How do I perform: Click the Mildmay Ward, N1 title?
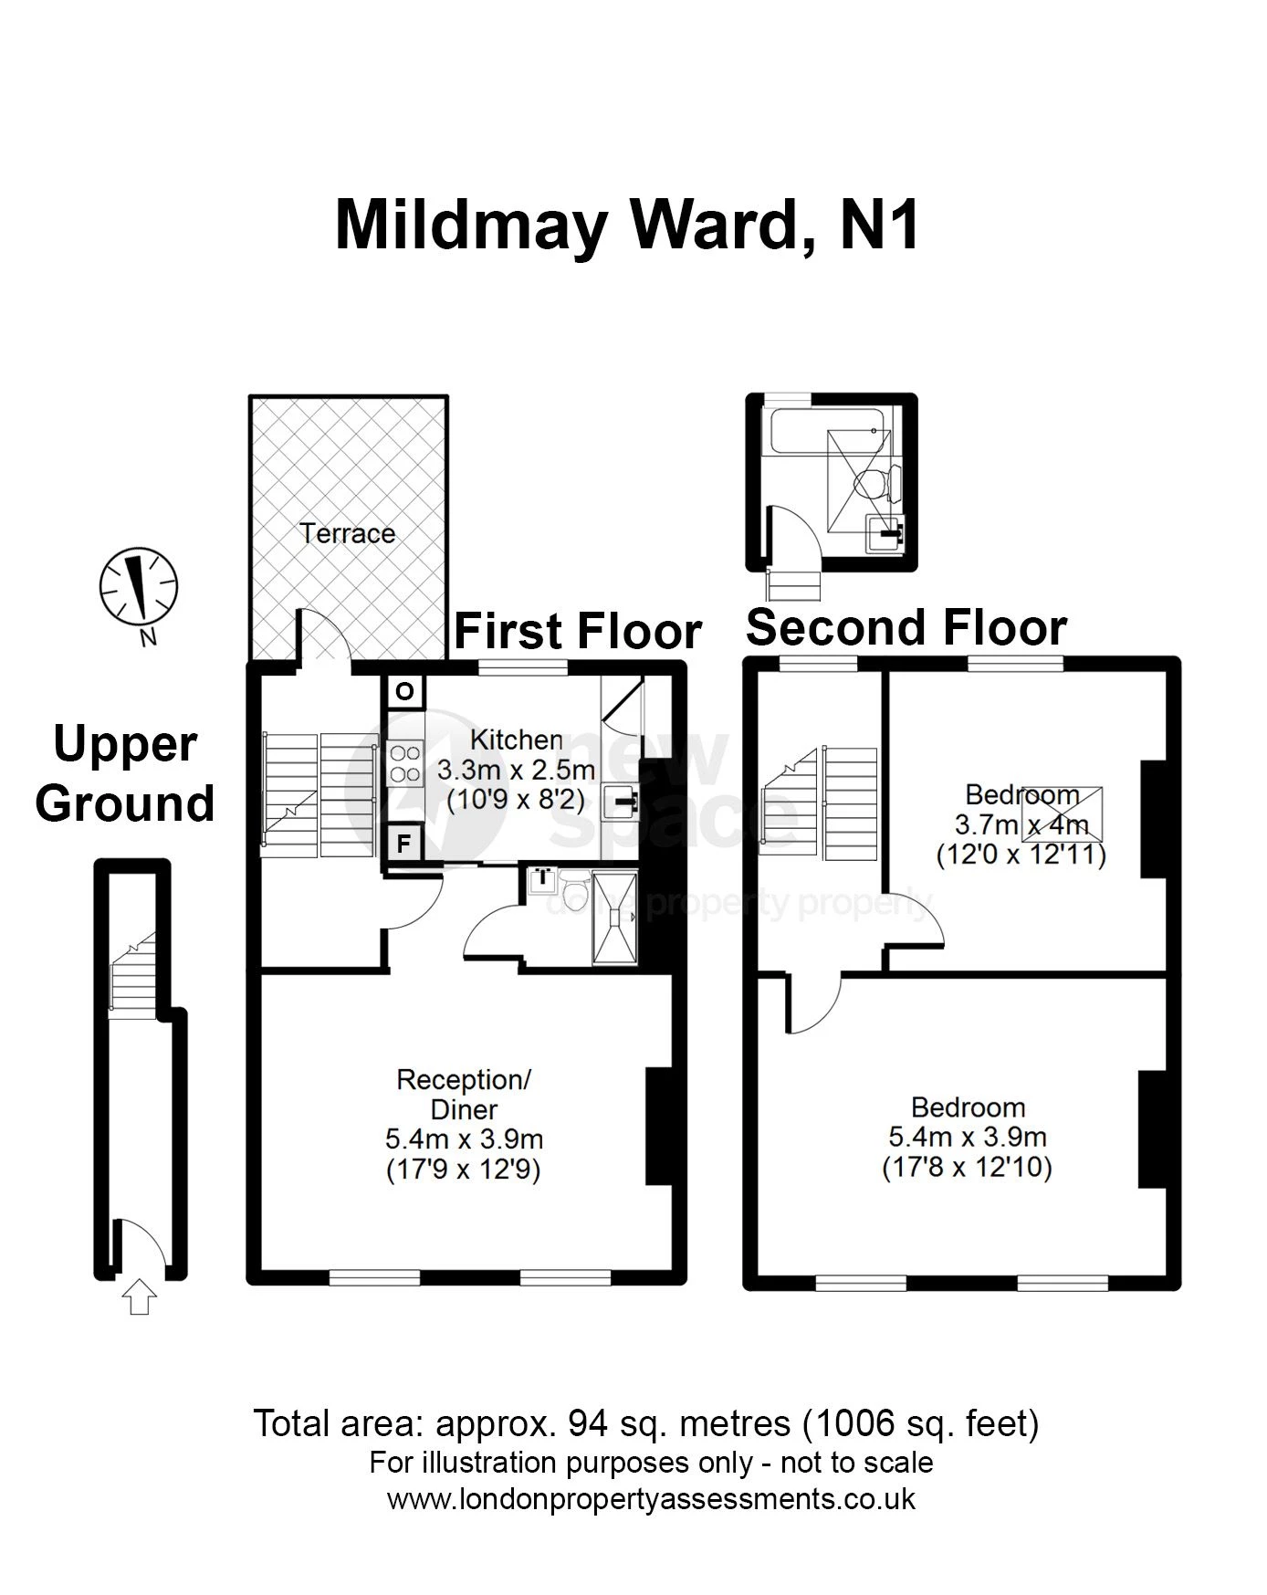[x=628, y=226]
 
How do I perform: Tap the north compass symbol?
[x=139, y=588]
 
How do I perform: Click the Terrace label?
[x=348, y=533]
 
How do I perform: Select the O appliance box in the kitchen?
[x=405, y=691]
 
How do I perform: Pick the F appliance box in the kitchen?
[x=405, y=843]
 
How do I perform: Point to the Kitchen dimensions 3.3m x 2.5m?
[x=517, y=770]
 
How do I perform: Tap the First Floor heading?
[x=578, y=631]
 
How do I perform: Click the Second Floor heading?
[x=906, y=628]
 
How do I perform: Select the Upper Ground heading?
[x=126, y=774]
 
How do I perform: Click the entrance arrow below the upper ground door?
[x=139, y=1297]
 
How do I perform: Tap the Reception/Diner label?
[x=464, y=1095]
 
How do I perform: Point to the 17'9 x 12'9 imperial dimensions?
[x=464, y=1170]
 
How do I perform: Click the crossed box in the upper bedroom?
[x=1062, y=813]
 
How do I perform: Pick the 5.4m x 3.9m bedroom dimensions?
[x=968, y=1138]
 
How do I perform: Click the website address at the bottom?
[x=651, y=1500]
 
